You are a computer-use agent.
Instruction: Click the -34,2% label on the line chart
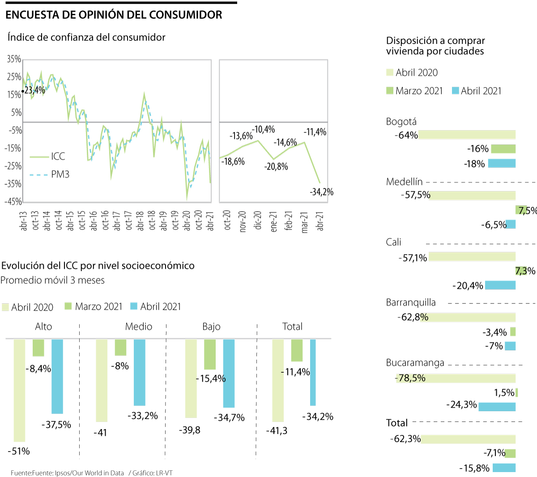point(321,192)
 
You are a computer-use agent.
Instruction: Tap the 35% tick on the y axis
point(14,59)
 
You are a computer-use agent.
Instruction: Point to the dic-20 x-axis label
point(258,220)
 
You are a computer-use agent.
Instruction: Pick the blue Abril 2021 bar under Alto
point(57,376)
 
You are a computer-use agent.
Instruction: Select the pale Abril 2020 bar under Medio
point(102,380)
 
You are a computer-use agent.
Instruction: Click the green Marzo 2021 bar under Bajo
point(210,354)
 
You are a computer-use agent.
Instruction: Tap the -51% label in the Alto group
point(19,451)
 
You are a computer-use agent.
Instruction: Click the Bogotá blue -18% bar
point(502,163)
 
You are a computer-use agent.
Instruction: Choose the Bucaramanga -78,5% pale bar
point(456,378)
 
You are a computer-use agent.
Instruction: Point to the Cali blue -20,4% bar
point(500,285)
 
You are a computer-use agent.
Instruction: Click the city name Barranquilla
point(410,302)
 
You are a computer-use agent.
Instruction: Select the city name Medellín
point(404,182)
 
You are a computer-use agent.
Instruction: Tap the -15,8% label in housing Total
point(474,468)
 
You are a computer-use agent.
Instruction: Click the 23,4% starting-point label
point(34,90)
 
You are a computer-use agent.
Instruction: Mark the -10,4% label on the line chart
point(264,130)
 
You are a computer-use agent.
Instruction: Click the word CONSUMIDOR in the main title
point(186,15)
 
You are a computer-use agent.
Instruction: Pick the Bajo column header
point(211,327)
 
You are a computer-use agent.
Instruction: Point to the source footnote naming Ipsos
point(67,473)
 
